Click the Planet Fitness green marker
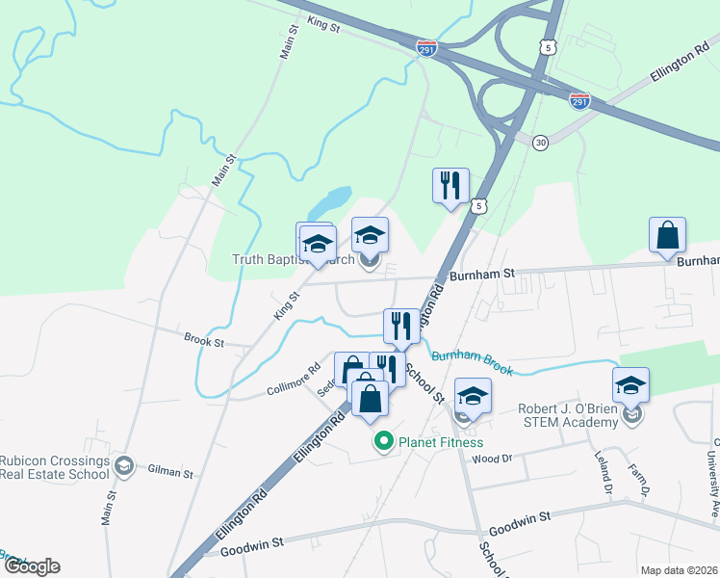click(383, 442)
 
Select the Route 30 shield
click(541, 143)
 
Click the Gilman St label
click(171, 472)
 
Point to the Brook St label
click(204, 340)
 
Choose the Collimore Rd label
click(294, 380)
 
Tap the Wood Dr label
click(491, 459)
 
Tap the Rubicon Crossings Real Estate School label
click(54, 467)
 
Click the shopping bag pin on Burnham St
click(667, 236)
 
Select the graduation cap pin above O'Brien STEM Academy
click(631, 385)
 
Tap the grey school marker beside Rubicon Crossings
click(123, 467)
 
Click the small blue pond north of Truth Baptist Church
click(328, 204)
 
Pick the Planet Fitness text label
click(433, 442)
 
